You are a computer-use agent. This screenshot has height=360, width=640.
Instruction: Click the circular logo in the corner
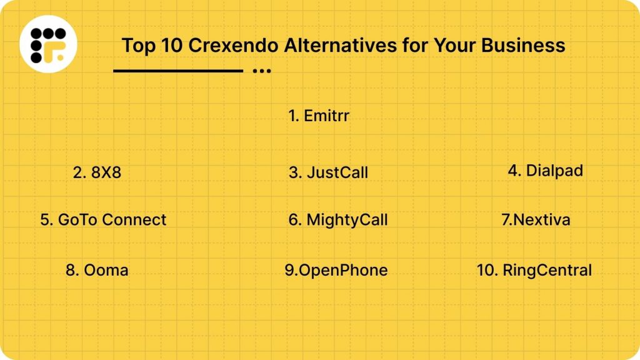coord(48,44)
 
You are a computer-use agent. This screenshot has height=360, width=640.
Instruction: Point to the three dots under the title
coord(262,71)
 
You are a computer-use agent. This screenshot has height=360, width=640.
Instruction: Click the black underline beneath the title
coord(178,71)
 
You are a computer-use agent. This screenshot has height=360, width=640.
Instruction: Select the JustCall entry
coord(328,172)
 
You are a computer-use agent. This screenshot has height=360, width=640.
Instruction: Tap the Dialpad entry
coord(545,171)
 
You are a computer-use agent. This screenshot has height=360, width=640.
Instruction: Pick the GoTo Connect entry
coord(103,220)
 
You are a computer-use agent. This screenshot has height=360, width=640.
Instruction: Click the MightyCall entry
coord(338,220)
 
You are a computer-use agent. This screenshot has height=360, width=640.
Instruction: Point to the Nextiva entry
coord(536,220)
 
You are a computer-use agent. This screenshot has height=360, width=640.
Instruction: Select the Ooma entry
coord(97,270)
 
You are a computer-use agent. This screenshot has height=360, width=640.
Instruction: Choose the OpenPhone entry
coord(336,270)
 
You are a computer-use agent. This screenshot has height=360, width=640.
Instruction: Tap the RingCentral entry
coord(534,270)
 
